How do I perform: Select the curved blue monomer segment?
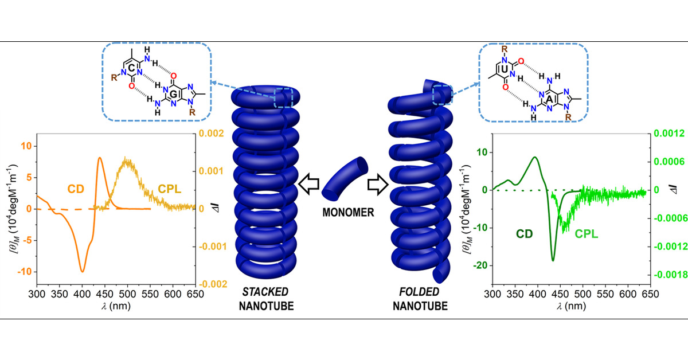click(343, 177)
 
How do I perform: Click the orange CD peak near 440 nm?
click(100, 158)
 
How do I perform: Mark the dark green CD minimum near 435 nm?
click(553, 260)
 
